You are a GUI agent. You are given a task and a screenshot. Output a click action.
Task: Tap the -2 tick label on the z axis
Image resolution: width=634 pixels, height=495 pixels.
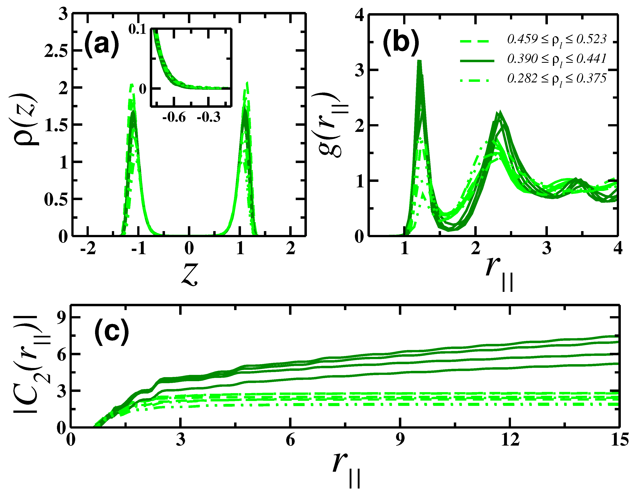click(88, 249)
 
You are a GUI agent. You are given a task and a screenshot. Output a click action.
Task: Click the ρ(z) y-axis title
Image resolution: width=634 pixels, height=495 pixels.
click(27, 119)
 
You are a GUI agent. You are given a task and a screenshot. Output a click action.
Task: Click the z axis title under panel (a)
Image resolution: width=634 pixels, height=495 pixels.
click(189, 274)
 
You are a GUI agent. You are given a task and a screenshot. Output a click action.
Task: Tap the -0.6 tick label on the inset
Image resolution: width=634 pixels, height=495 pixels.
click(173, 117)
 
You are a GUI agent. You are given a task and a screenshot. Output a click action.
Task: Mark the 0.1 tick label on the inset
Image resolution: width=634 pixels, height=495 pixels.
click(138, 30)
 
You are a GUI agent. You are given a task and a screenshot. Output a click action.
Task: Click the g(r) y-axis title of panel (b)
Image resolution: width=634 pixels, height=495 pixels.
click(331, 125)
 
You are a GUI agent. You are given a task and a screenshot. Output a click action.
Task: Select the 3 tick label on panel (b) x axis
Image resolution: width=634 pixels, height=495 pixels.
click(547, 249)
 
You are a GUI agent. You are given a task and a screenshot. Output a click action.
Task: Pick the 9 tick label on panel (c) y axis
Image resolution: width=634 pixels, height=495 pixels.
click(62, 317)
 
